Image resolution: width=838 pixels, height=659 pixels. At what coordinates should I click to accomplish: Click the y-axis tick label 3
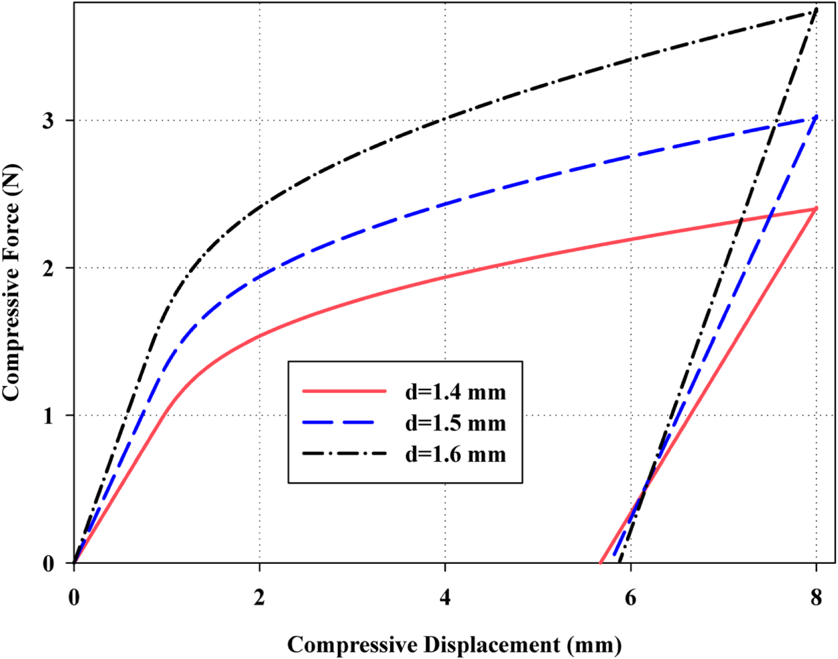49,121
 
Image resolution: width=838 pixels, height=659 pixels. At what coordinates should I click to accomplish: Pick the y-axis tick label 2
49,268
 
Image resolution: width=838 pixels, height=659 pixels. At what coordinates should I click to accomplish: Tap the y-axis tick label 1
49,416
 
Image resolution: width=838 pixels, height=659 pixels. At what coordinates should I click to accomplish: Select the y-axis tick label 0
49,564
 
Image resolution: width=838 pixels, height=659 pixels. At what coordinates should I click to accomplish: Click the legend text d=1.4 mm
455,392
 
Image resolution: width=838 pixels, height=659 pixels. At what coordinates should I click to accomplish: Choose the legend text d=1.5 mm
455,423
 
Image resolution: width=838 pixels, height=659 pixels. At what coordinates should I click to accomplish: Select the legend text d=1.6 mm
455,455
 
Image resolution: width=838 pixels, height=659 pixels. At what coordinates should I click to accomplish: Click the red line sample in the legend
345,391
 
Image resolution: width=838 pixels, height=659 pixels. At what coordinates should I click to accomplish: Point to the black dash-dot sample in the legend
345,454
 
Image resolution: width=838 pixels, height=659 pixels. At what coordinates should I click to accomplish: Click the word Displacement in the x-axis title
493,645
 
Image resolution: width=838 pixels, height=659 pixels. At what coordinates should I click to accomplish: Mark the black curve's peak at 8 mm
816,9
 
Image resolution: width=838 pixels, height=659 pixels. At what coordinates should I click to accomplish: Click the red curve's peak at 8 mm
816,208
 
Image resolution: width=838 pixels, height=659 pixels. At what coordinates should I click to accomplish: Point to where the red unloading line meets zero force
600,562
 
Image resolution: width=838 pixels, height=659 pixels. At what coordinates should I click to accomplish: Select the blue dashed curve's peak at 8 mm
816,117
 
